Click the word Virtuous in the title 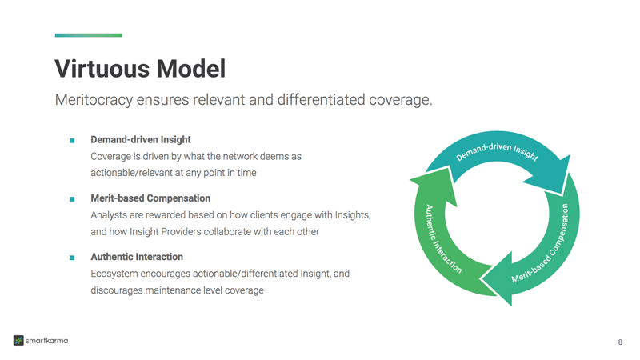point(101,69)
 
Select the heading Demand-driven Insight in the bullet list point(141,139)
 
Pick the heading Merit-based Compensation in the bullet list point(150,198)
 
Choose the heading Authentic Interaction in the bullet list point(137,257)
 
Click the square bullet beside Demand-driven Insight point(72,140)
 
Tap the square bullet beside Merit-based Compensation point(72,198)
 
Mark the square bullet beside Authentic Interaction point(72,258)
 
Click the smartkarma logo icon point(18,341)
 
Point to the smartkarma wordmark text point(46,341)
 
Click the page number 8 point(620,342)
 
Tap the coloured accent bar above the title point(88,35)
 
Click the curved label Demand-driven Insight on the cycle point(497,150)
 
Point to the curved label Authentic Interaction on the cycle point(441,239)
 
